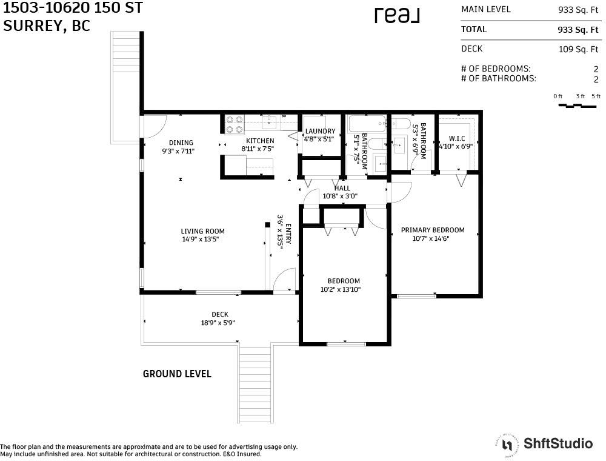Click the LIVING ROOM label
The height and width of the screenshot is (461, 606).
coord(202,231)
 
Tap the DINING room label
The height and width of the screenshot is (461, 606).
coord(181,143)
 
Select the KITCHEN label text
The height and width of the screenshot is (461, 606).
coord(260,141)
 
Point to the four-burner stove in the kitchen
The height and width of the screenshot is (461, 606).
coord(235,124)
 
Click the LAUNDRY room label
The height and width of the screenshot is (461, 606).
coord(321,131)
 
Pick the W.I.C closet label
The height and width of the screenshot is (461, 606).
coord(457,138)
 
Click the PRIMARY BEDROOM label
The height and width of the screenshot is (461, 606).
coord(433,230)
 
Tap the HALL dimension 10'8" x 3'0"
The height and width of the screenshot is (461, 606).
coord(340,196)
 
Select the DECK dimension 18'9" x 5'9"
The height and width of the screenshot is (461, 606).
coord(218,323)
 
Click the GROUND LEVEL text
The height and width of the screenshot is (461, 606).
coord(177,374)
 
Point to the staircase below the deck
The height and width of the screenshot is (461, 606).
coord(255,383)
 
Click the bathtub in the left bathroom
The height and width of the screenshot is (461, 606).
coord(367,124)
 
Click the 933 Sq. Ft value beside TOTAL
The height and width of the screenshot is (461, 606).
coord(578,30)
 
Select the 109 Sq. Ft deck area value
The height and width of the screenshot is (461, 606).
coord(578,49)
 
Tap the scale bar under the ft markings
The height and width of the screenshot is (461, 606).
coord(578,105)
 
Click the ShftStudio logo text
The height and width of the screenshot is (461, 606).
coord(558,443)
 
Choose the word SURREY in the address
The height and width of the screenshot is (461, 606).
coord(32,25)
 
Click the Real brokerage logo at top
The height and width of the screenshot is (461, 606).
coord(397,15)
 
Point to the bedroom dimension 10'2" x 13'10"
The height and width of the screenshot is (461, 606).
coord(340,289)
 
